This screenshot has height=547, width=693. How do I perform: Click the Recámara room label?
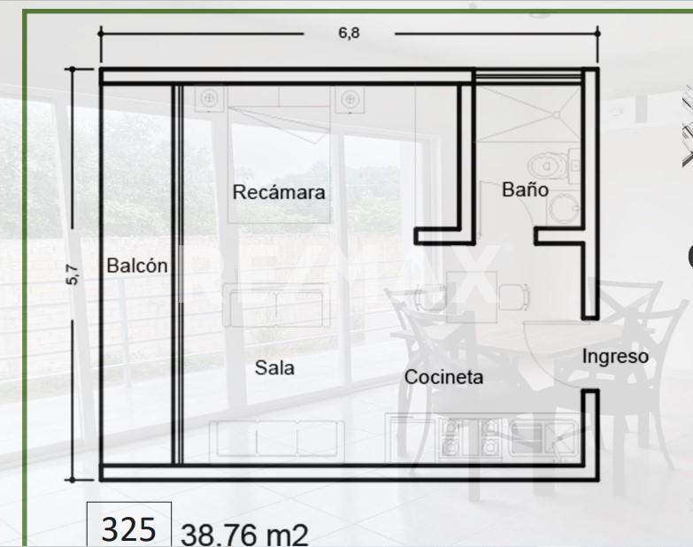pos(279,192)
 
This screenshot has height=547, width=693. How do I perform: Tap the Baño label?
pos(525,189)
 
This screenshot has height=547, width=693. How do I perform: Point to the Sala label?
pos(274,367)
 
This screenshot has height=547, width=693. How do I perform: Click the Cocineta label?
pos(443,377)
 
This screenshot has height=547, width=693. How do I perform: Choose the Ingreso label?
pos(615,356)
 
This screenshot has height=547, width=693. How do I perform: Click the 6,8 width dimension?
pos(349,34)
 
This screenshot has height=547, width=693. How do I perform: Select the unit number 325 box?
pos(129,528)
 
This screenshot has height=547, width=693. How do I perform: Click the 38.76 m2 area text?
pos(245,535)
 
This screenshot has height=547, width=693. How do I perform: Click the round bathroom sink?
pos(561,209)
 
